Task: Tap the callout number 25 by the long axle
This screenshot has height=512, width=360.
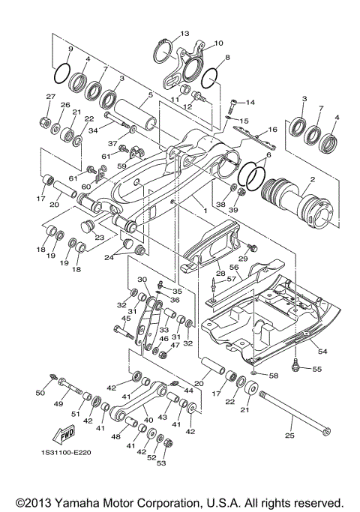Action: point(289,436)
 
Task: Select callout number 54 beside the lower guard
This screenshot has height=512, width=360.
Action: point(322,351)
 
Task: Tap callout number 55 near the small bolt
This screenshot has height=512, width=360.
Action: point(316,370)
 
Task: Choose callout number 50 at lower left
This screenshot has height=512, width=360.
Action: point(40,393)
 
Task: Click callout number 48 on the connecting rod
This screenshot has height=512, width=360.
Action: point(115,437)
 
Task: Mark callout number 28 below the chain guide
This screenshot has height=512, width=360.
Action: point(220,275)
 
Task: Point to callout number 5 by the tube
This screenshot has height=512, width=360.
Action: point(150,95)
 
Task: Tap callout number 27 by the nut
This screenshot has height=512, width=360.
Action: point(50,97)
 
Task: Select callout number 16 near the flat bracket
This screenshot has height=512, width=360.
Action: point(273,130)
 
